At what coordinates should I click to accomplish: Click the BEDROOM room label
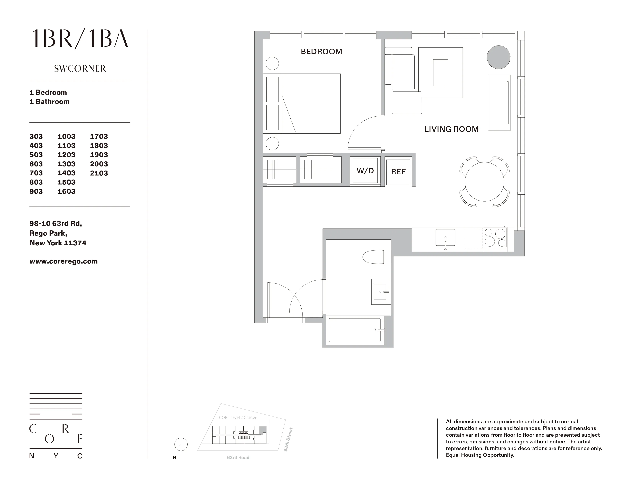pos(321,52)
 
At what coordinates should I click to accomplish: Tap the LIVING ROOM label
pos(451,129)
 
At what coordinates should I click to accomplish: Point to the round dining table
pos(484,182)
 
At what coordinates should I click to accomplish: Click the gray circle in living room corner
pos(498,57)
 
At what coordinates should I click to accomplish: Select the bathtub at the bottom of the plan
pos(355,330)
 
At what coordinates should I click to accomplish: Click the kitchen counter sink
pos(445,238)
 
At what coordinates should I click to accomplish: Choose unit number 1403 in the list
pos(67,173)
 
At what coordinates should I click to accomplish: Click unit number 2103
pos(99,173)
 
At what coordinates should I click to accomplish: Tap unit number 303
pos(36,136)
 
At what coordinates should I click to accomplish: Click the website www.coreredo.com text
pos(63,261)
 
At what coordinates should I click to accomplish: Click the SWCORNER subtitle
pos(80,69)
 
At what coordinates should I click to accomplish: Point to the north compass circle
pos(181,444)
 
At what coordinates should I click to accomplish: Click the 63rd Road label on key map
pos(238,458)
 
